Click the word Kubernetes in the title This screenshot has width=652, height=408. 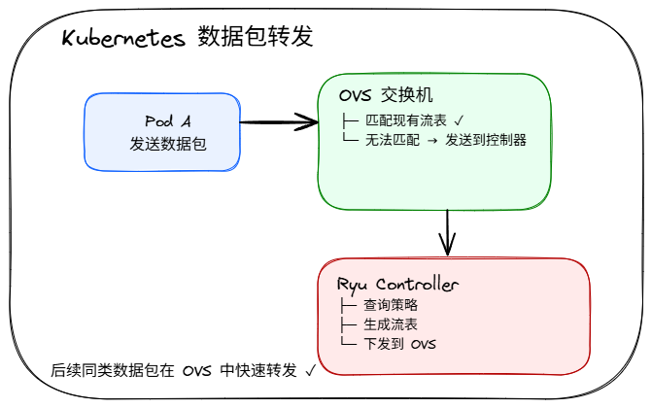click(x=123, y=39)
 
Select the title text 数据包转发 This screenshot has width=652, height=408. click(x=255, y=38)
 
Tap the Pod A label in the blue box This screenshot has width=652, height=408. click(x=168, y=120)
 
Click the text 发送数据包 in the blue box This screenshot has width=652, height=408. click(x=168, y=144)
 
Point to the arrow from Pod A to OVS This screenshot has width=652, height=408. click(x=278, y=122)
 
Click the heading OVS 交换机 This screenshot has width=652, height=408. click(x=386, y=96)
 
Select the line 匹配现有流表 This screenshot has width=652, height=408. click(x=408, y=121)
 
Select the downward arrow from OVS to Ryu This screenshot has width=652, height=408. click(x=447, y=233)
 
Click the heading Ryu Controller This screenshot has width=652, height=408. click(x=397, y=285)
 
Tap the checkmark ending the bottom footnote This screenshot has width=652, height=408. click(x=310, y=370)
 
